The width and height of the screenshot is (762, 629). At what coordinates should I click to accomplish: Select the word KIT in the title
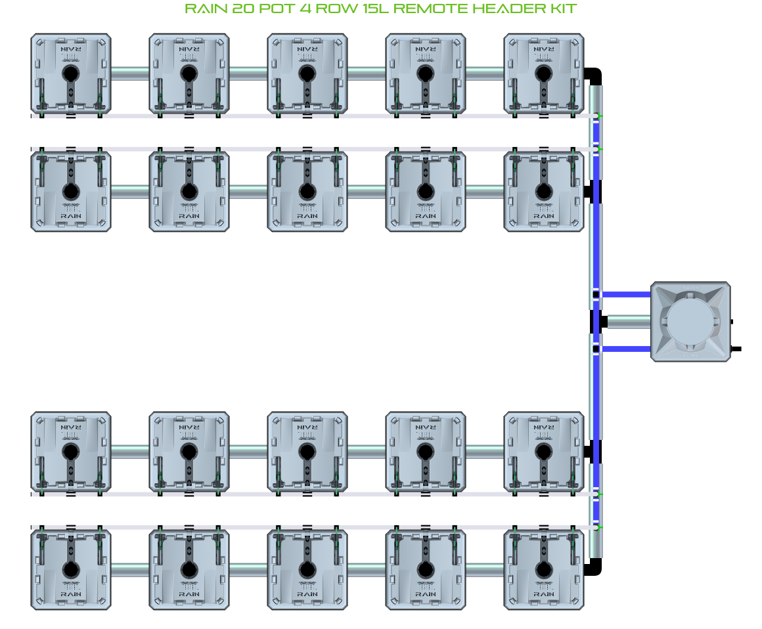click(564, 9)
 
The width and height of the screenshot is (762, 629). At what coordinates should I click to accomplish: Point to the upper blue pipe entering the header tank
click(625, 294)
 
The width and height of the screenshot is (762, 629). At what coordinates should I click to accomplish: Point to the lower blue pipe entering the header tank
click(625, 349)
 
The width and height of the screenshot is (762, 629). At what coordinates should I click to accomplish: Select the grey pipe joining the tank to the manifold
click(627, 322)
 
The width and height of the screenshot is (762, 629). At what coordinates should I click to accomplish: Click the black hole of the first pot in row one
click(70, 74)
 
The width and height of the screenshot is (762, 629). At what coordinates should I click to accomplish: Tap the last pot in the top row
click(543, 74)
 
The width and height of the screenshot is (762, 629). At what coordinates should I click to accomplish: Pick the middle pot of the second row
click(307, 191)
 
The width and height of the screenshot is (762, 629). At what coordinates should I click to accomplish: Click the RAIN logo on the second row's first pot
click(70, 215)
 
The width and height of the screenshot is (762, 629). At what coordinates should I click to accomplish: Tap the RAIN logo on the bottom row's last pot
click(543, 593)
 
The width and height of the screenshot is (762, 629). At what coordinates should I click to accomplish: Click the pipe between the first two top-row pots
click(129, 74)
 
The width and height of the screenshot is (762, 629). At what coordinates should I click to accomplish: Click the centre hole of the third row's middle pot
click(307, 451)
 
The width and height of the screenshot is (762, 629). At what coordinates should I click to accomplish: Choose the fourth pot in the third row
click(425, 451)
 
